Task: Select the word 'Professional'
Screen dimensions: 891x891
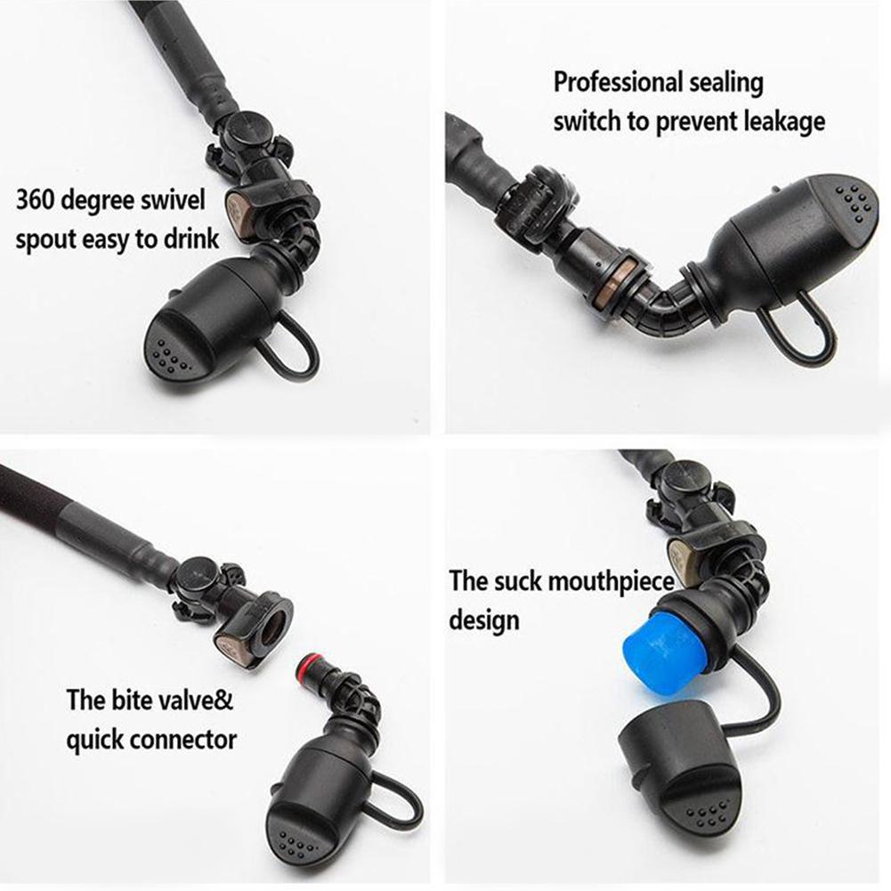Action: click(616, 83)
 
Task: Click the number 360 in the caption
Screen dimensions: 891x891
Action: click(36, 200)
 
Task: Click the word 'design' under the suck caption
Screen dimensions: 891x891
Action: click(484, 620)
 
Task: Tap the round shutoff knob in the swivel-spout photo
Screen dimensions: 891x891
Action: click(250, 131)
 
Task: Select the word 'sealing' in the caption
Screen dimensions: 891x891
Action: click(725, 83)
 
